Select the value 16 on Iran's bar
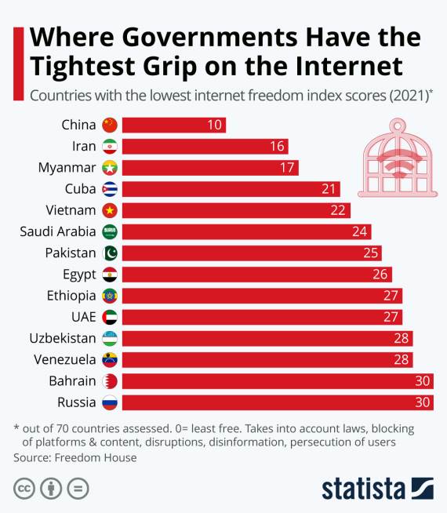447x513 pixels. click(x=278, y=146)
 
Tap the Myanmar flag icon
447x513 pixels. click(x=110, y=167)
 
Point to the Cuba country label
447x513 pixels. click(x=80, y=189)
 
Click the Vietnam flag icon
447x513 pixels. click(x=110, y=210)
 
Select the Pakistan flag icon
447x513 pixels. click(x=110, y=253)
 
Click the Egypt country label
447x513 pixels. click(x=78, y=274)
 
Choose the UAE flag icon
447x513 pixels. click(x=110, y=317)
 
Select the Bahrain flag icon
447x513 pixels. click(x=110, y=381)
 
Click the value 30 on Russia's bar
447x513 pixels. click(x=423, y=402)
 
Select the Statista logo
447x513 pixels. click(x=377, y=487)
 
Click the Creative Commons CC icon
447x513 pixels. click(x=24, y=487)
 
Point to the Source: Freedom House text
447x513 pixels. click(x=75, y=457)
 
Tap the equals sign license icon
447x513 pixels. click(x=78, y=487)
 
